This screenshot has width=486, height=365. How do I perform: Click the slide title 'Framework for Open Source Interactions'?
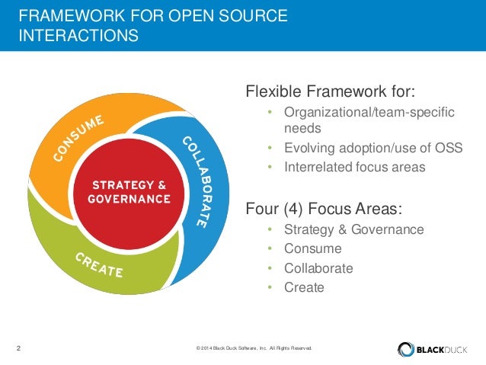(x=152, y=25)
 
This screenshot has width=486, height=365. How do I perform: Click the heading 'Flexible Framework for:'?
(x=331, y=93)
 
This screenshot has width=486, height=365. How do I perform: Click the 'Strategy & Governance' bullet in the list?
(x=353, y=229)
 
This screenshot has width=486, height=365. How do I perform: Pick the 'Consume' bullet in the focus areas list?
(x=312, y=248)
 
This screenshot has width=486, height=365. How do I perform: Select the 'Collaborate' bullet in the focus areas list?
(x=318, y=268)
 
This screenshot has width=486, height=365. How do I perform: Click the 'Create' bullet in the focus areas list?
(x=304, y=287)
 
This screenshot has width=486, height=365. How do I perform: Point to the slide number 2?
(x=18, y=349)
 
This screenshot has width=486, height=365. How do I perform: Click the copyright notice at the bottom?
(x=254, y=349)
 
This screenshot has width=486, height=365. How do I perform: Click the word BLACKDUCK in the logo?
(x=443, y=349)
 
